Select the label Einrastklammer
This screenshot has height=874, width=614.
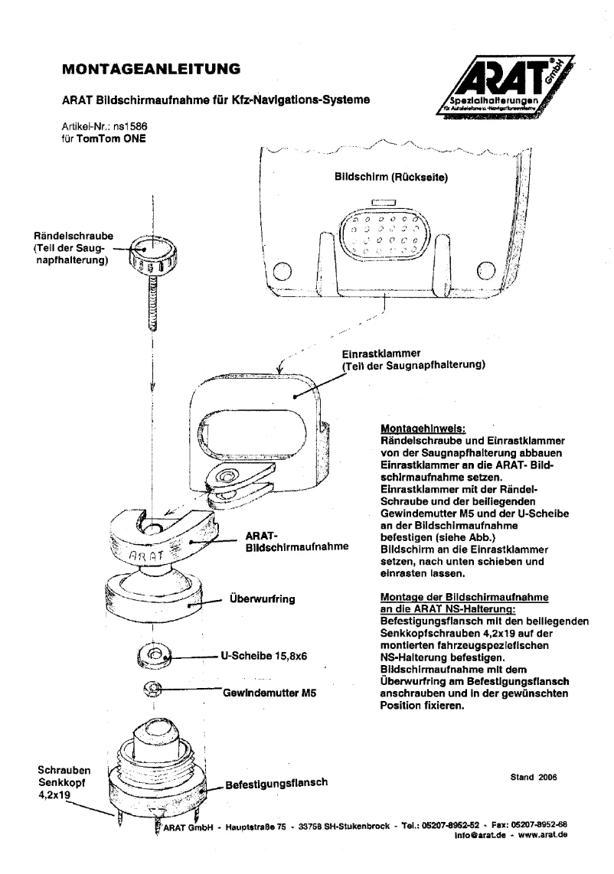380,354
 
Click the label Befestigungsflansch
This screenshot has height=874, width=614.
276,783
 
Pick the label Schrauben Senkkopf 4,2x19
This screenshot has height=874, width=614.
58,782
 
